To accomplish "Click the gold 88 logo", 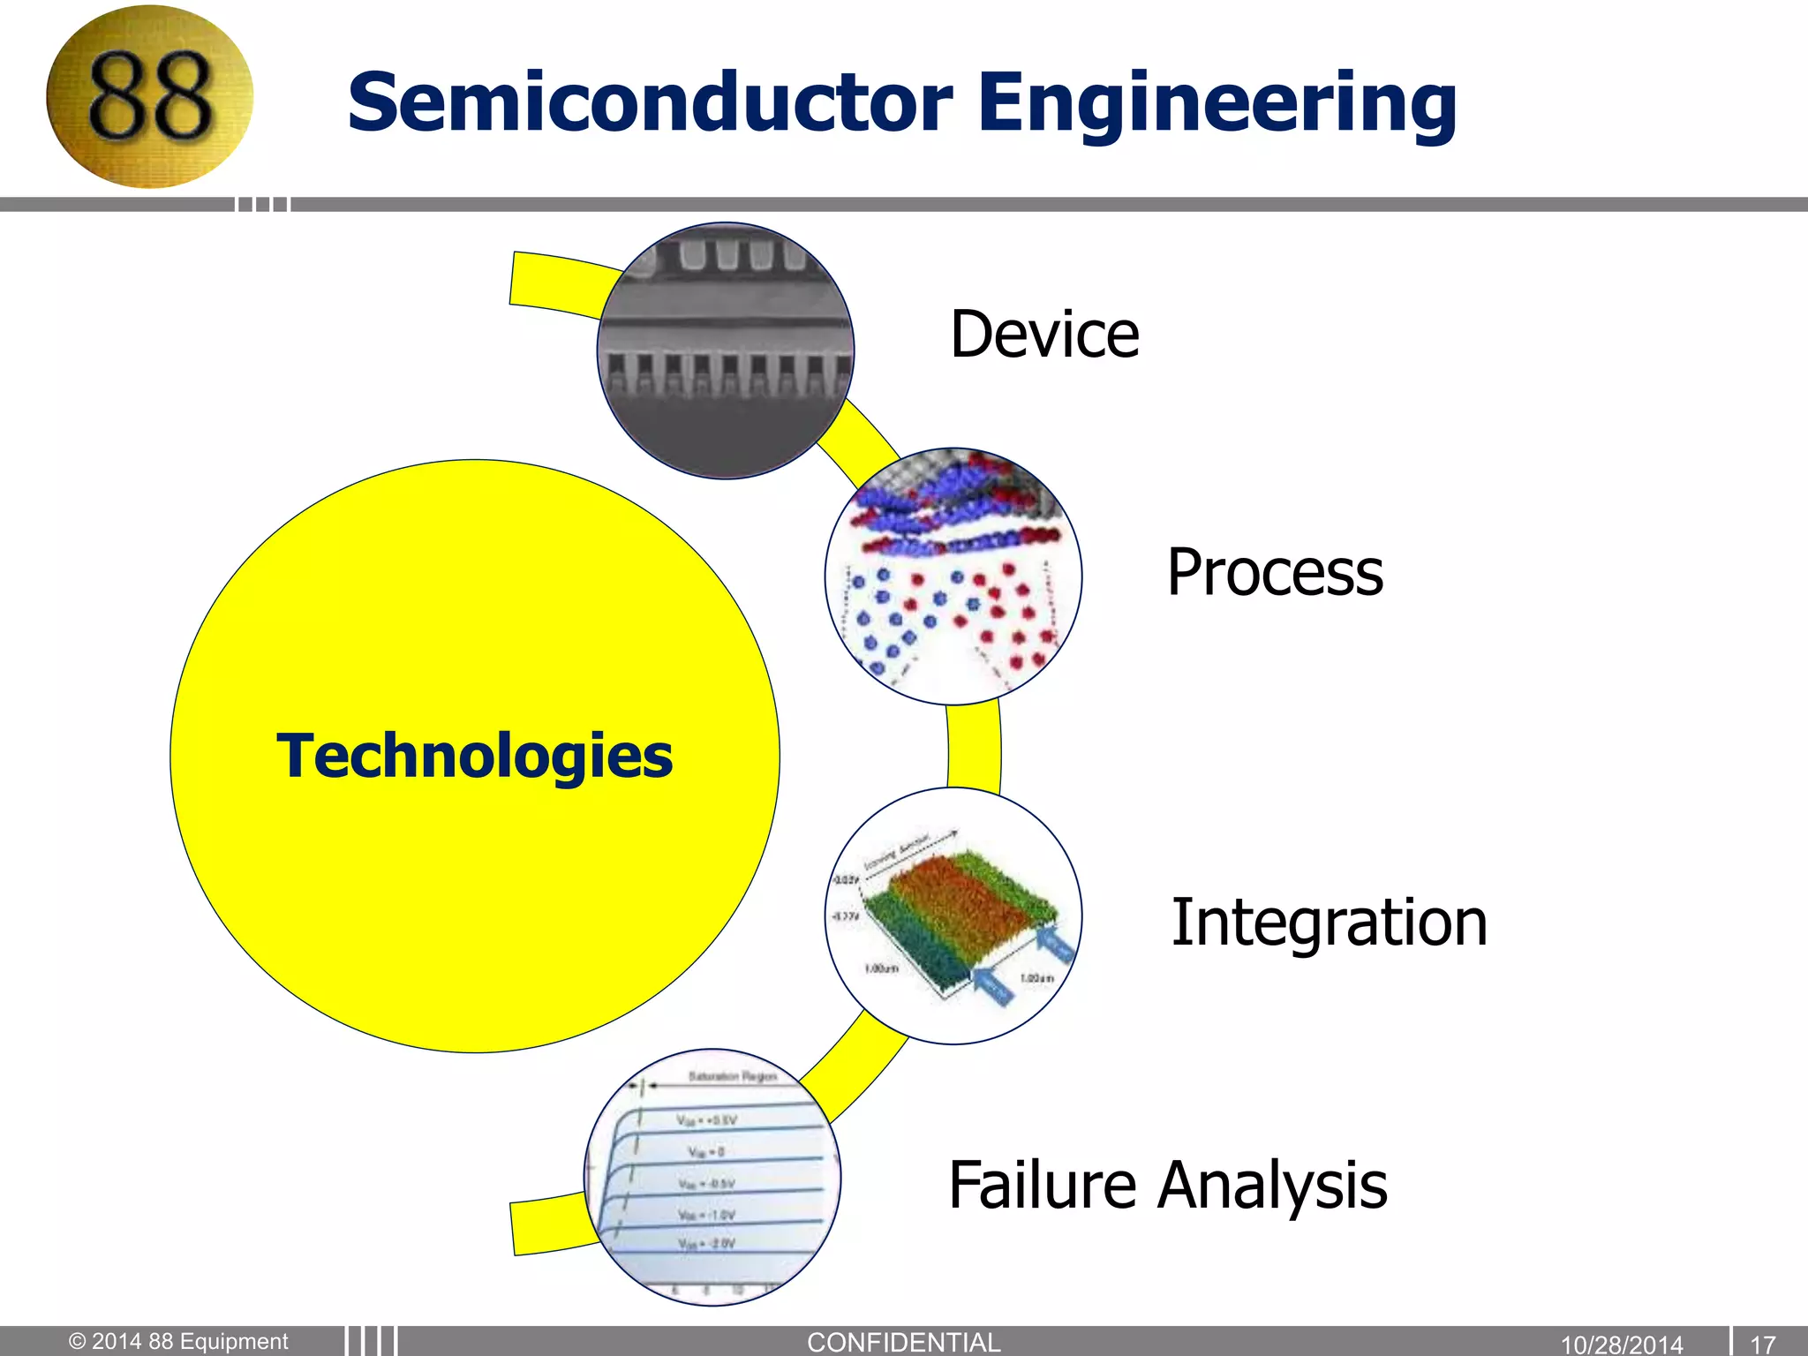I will (x=149, y=97).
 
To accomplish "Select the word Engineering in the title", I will (x=1217, y=104).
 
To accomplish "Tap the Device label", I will (x=1044, y=335).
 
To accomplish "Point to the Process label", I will (x=1275, y=572).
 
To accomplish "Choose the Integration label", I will (x=1329, y=923).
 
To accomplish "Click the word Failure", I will (x=1042, y=1185).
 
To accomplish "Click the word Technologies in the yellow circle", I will (x=475, y=757).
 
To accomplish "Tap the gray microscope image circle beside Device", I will (x=726, y=350).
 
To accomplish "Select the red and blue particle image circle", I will (x=953, y=576).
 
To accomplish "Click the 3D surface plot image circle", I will (x=953, y=915).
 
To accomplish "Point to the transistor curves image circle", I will (x=712, y=1177).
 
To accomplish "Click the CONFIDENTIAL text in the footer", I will (x=904, y=1342).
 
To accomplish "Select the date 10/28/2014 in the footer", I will (x=1622, y=1344).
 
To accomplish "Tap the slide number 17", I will (x=1762, y=1344).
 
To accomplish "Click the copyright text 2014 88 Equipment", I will (x=179, y=1341).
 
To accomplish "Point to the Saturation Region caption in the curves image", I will (x=732, y=1076).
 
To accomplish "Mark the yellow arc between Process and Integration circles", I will (x=974, y=747).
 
